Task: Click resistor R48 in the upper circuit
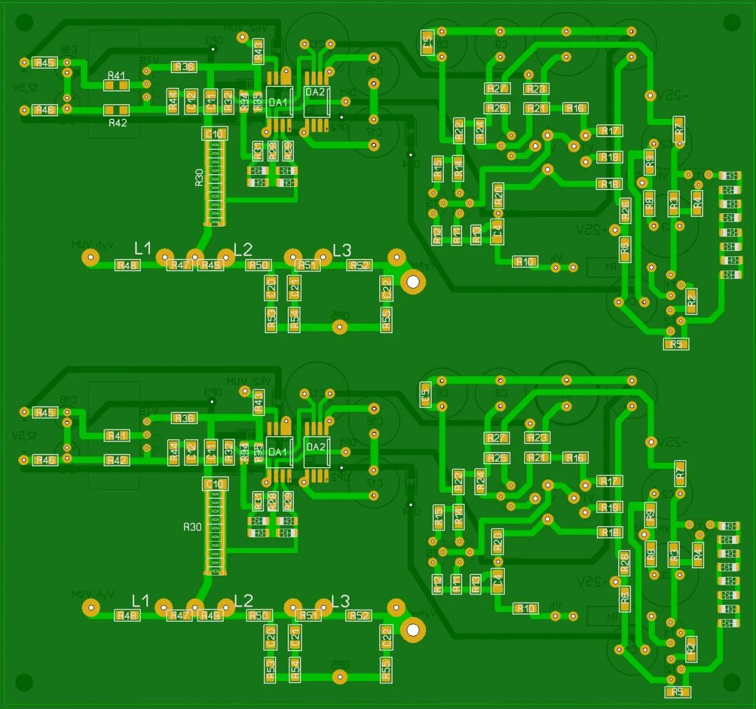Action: [127, 265]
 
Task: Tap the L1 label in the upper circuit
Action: [142, 248]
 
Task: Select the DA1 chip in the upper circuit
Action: [278, 102]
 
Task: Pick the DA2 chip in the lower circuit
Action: [316, 452]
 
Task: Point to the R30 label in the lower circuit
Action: [192, 527]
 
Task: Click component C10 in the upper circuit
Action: [214, 133]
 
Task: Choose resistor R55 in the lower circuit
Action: [386, 670]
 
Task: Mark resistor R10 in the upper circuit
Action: [524, 262]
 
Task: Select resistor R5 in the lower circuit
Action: [677, 692]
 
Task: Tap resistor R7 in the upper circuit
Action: [679, 129]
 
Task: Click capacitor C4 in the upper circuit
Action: [497, 231]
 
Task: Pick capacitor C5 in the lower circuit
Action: [426, 394]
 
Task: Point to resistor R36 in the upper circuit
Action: [184, 66]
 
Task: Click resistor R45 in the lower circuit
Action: [45, 412]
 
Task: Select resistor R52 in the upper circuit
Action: [359, 265]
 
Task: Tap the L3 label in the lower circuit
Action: [340, 602]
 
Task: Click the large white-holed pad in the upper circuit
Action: [413, 281]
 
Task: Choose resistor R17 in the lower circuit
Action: [609, 481]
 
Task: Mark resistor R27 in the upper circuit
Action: [497, 88]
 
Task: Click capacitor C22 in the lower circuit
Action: [386, 638]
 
